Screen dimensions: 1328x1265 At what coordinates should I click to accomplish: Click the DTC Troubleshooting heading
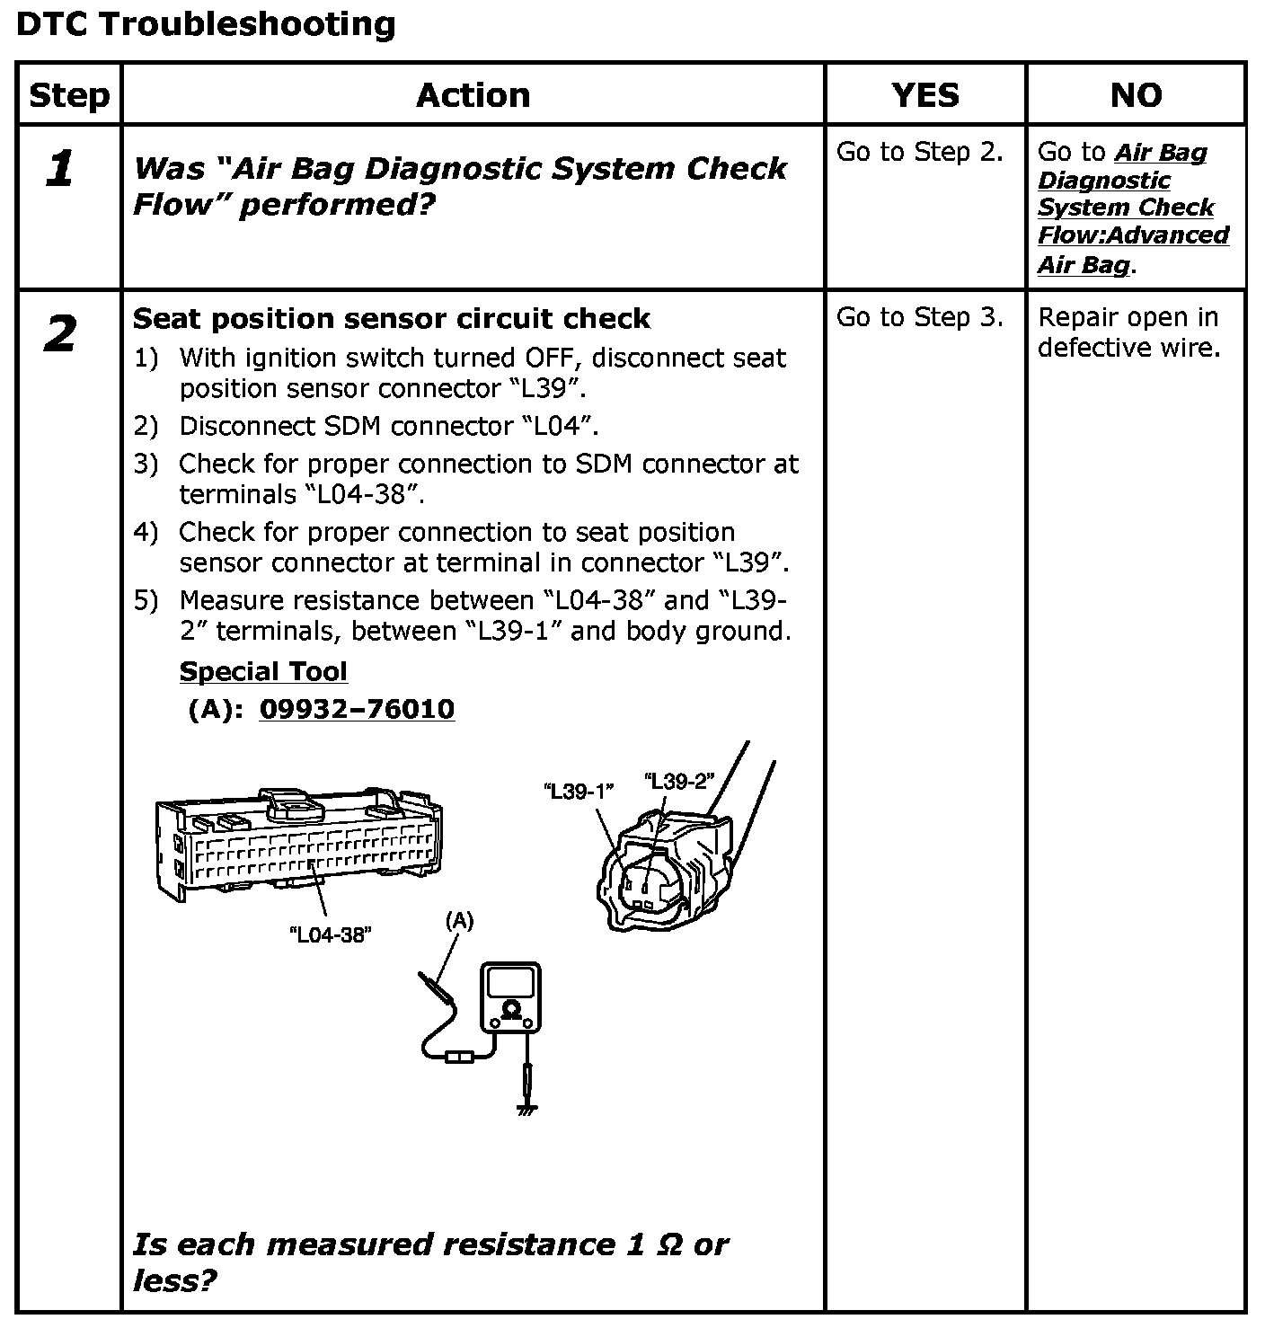[x=206, y=24]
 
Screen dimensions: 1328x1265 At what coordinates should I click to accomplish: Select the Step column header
[x=69, y=95]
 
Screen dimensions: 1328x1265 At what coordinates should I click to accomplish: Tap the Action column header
[x=473, y=95]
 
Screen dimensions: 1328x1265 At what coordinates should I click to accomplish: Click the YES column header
[x=924, y=95]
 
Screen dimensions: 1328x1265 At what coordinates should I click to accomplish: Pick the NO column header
[x=1136, y=95]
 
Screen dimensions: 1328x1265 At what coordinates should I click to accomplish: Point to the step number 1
[x=59, y=169]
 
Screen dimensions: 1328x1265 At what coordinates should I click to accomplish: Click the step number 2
[x=59, y=335]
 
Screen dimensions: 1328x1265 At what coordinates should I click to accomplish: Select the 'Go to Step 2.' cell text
[x=919, y=153]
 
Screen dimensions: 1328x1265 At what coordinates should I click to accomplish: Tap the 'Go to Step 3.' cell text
[x=919, y=317]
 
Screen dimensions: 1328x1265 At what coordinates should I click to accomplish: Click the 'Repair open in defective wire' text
[x=1128, y=332]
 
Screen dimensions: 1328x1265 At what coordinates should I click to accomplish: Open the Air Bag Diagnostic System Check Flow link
[x=1132, y=208]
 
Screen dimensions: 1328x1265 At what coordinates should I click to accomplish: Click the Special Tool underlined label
[x=263, y=672]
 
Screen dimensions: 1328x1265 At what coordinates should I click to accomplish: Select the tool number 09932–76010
[x=357, y=710]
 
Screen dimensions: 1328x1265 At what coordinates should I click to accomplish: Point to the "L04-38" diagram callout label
[x=331, y=934]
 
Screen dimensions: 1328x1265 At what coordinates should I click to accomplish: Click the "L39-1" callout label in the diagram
[x=579, y=792]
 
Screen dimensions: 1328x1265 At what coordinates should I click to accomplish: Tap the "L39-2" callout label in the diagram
[x=678, y=781]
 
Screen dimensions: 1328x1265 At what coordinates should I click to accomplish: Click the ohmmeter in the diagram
[x=510, y=996]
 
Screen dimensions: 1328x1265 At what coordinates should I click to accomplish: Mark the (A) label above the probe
[x=459, y=920]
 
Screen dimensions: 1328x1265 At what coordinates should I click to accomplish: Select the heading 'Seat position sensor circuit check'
[x=391, y=319]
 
